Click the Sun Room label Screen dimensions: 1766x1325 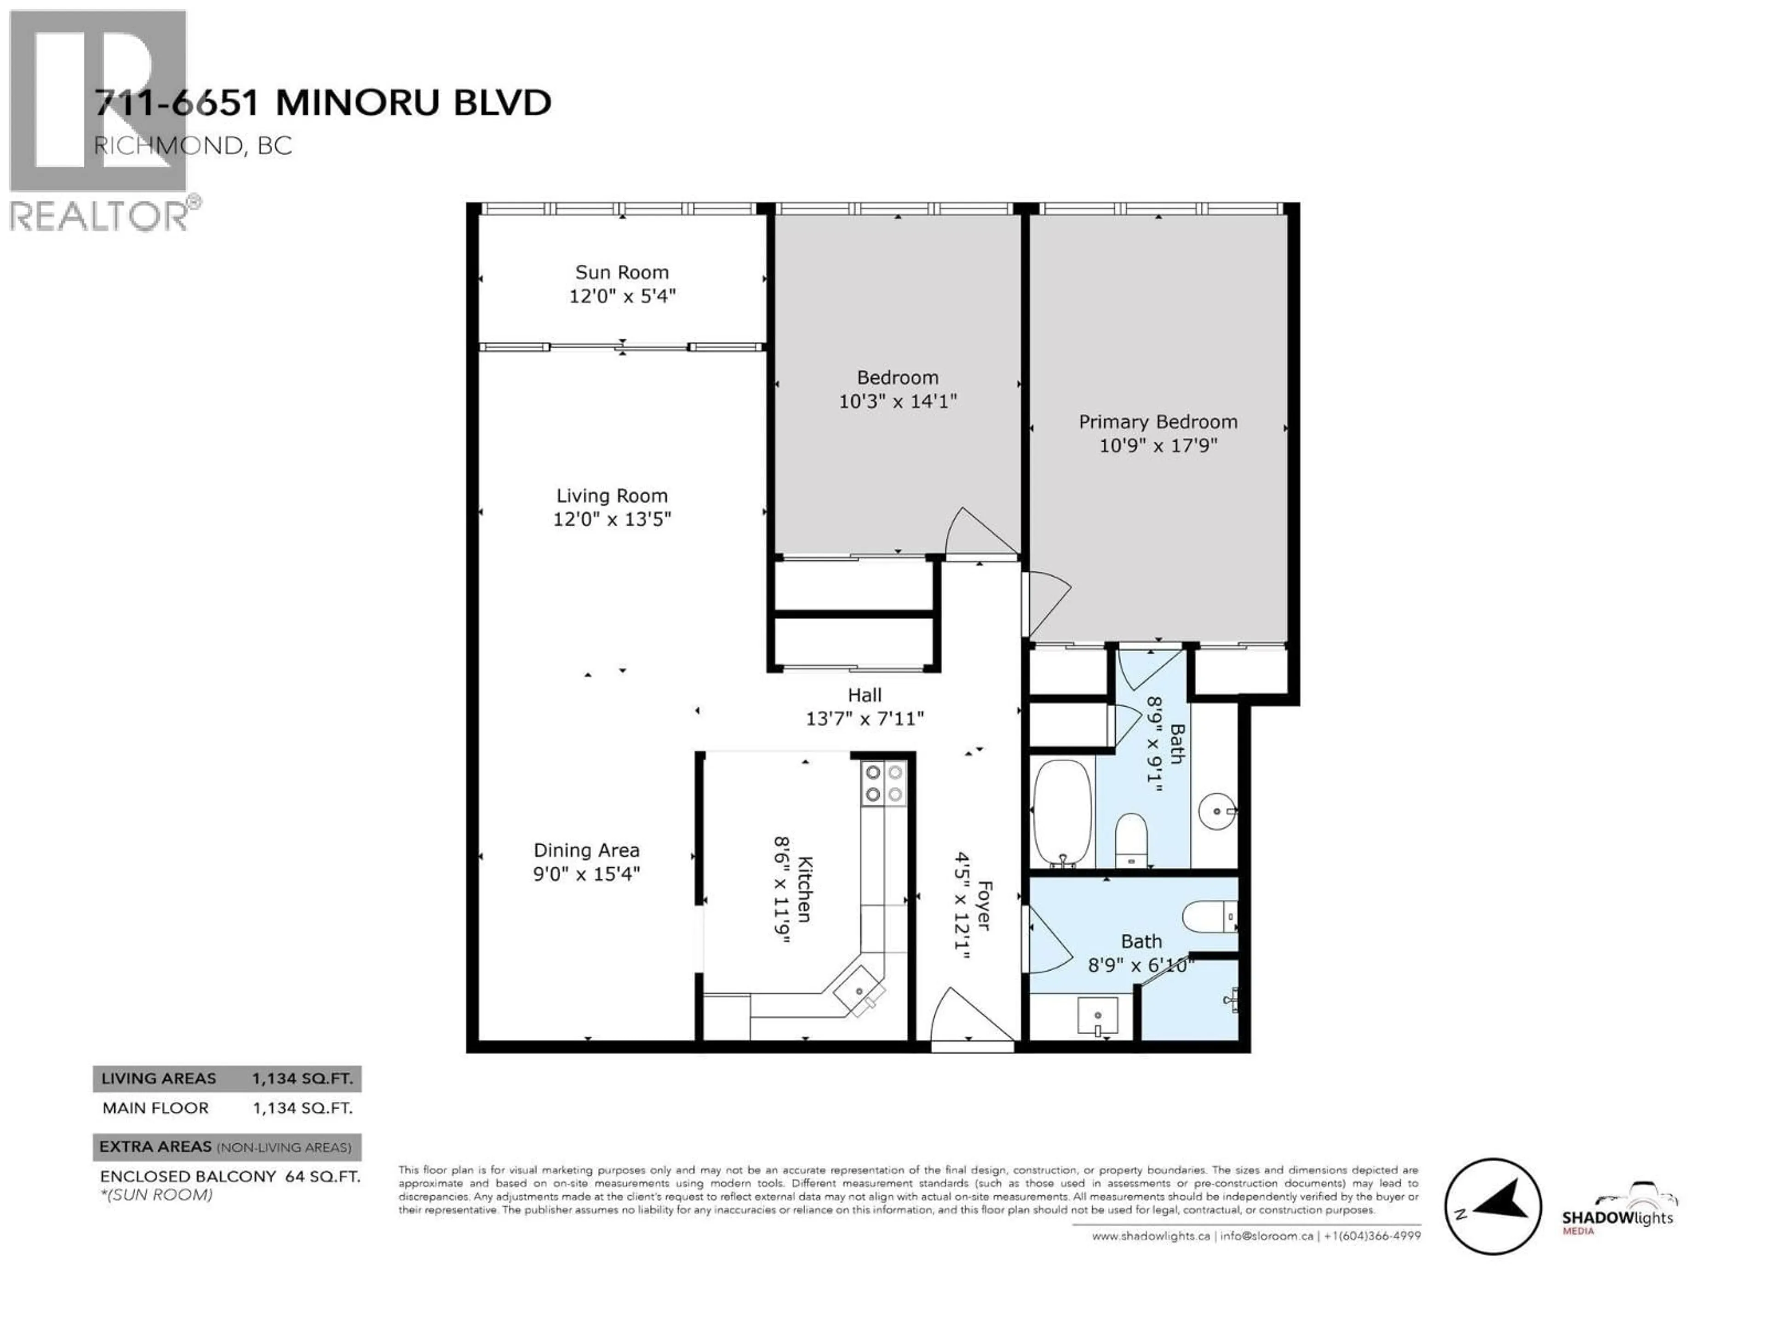tap(622, 272)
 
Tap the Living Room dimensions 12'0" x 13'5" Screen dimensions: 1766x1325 tap(613, 519)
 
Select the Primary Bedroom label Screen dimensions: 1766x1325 tap(1158, 422)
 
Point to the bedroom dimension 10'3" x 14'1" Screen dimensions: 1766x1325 tap(897, 401)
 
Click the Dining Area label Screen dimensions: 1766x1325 tap(587, 851)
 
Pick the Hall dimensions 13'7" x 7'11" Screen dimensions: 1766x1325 tap(865, 719)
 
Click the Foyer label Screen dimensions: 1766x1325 tap(984, 906)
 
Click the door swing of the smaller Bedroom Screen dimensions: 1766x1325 tap(982, 531)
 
